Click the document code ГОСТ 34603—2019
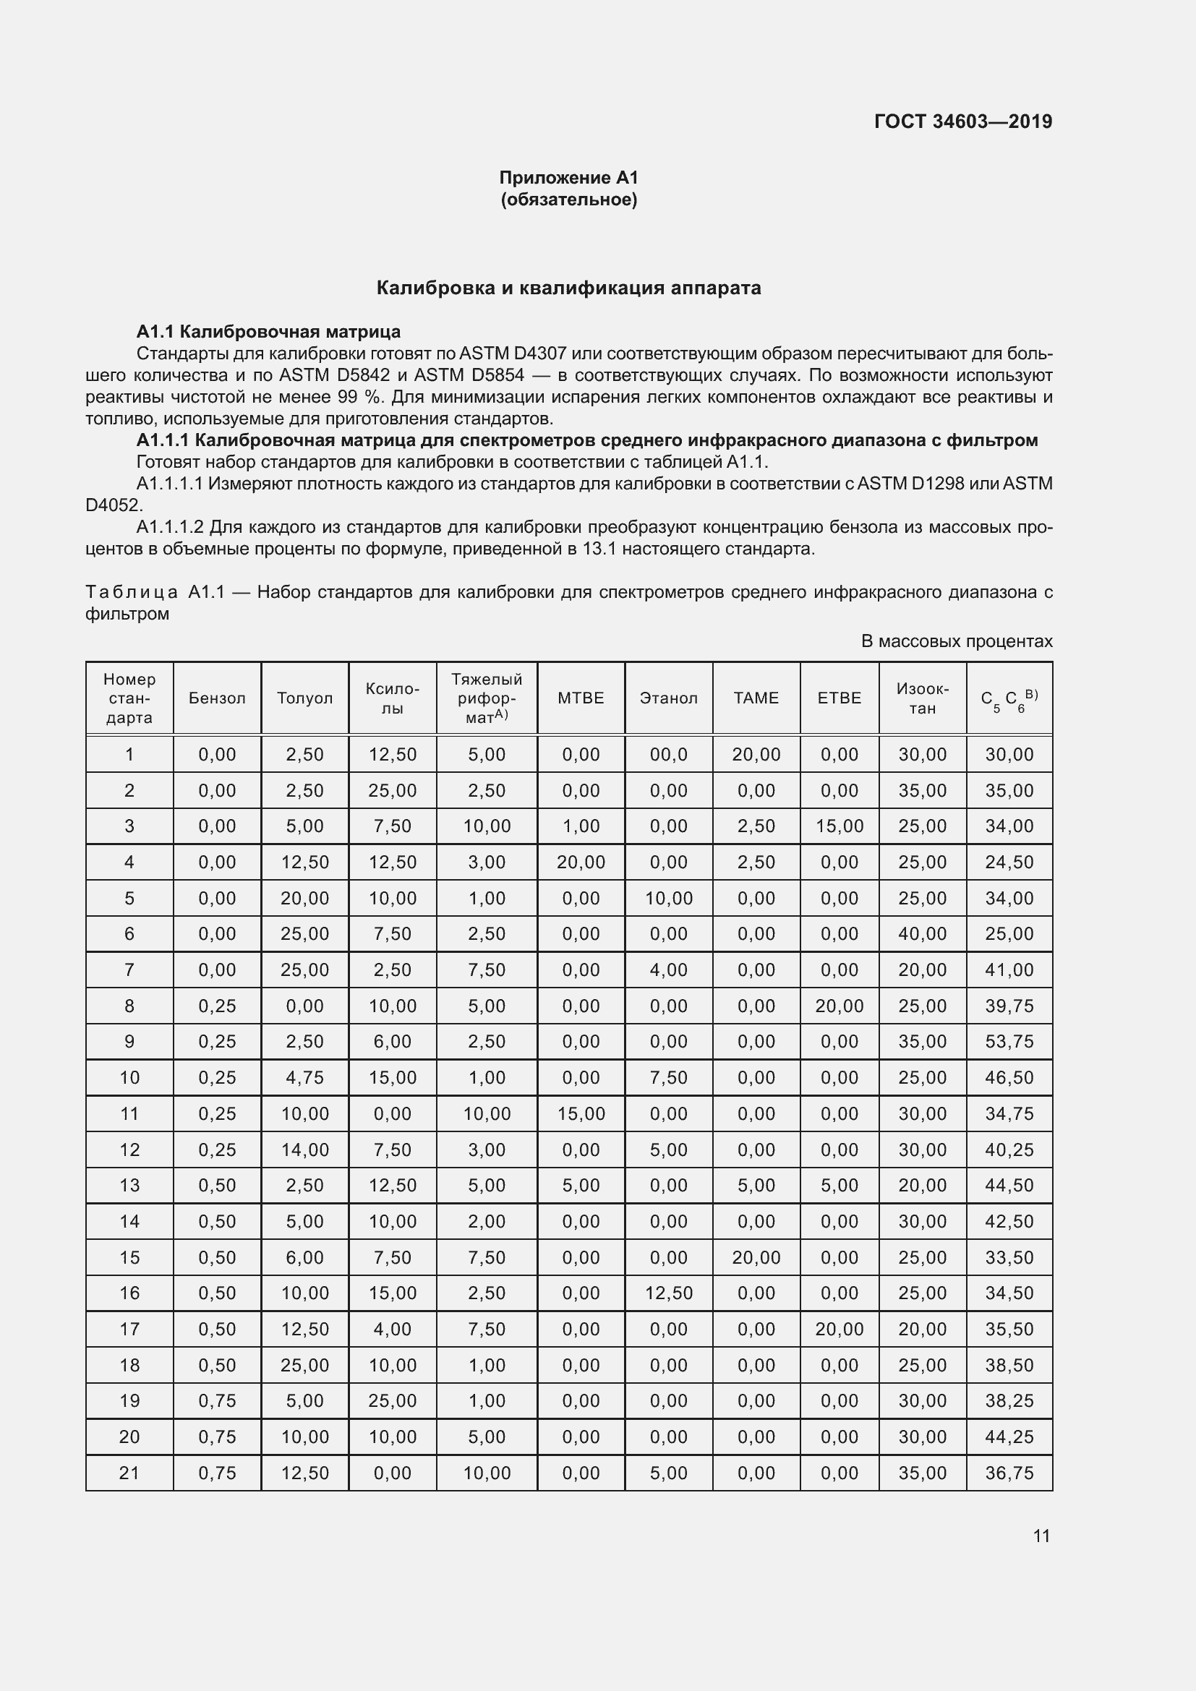pos(962,121)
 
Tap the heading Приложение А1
pos(568,178)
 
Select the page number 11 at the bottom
pos(1041,1536)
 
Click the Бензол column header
pos(216,698)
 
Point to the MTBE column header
pos(581,698)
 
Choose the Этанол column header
pos(668,698)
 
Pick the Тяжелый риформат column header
pos(486,698)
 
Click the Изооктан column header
pos(922,698)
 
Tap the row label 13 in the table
pos(129,1185)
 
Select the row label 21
pos(129,1472)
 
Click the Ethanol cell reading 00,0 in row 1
pos(668,754)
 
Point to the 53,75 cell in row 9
pos(1009,1041)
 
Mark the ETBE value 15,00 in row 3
pos(839,826)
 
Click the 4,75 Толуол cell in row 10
pos(304,1077)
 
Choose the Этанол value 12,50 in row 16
pos(668,1293)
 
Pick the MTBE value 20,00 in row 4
pos(581,862)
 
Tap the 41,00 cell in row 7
pos(1009,969)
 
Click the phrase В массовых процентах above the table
pos(956,641)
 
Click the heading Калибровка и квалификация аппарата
pos(568,288)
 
